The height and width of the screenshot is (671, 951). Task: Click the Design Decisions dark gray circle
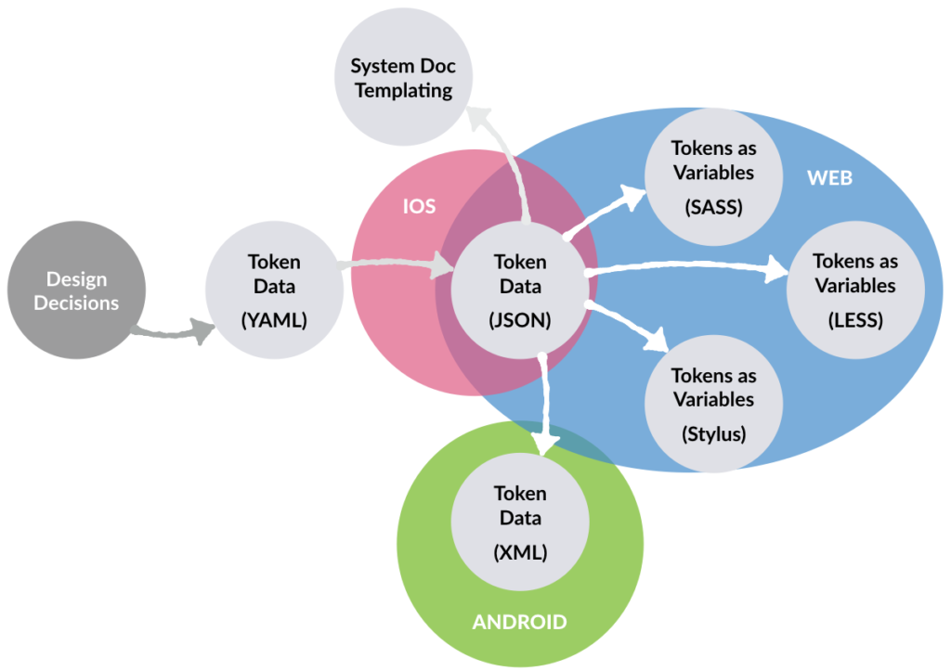point(76,289)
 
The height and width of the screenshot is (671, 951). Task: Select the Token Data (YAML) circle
point(273,290)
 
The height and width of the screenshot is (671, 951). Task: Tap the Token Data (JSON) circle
point(520,289)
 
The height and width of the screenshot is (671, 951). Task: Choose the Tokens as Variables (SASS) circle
point(713,176)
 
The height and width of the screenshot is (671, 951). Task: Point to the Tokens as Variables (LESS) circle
point(855,290)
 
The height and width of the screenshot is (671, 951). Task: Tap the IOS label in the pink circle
point(418,206)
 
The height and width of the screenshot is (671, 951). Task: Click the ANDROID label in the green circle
point(519,622)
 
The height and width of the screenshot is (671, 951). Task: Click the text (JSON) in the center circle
point(520,320)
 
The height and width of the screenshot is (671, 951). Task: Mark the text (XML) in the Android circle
point(520,552)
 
